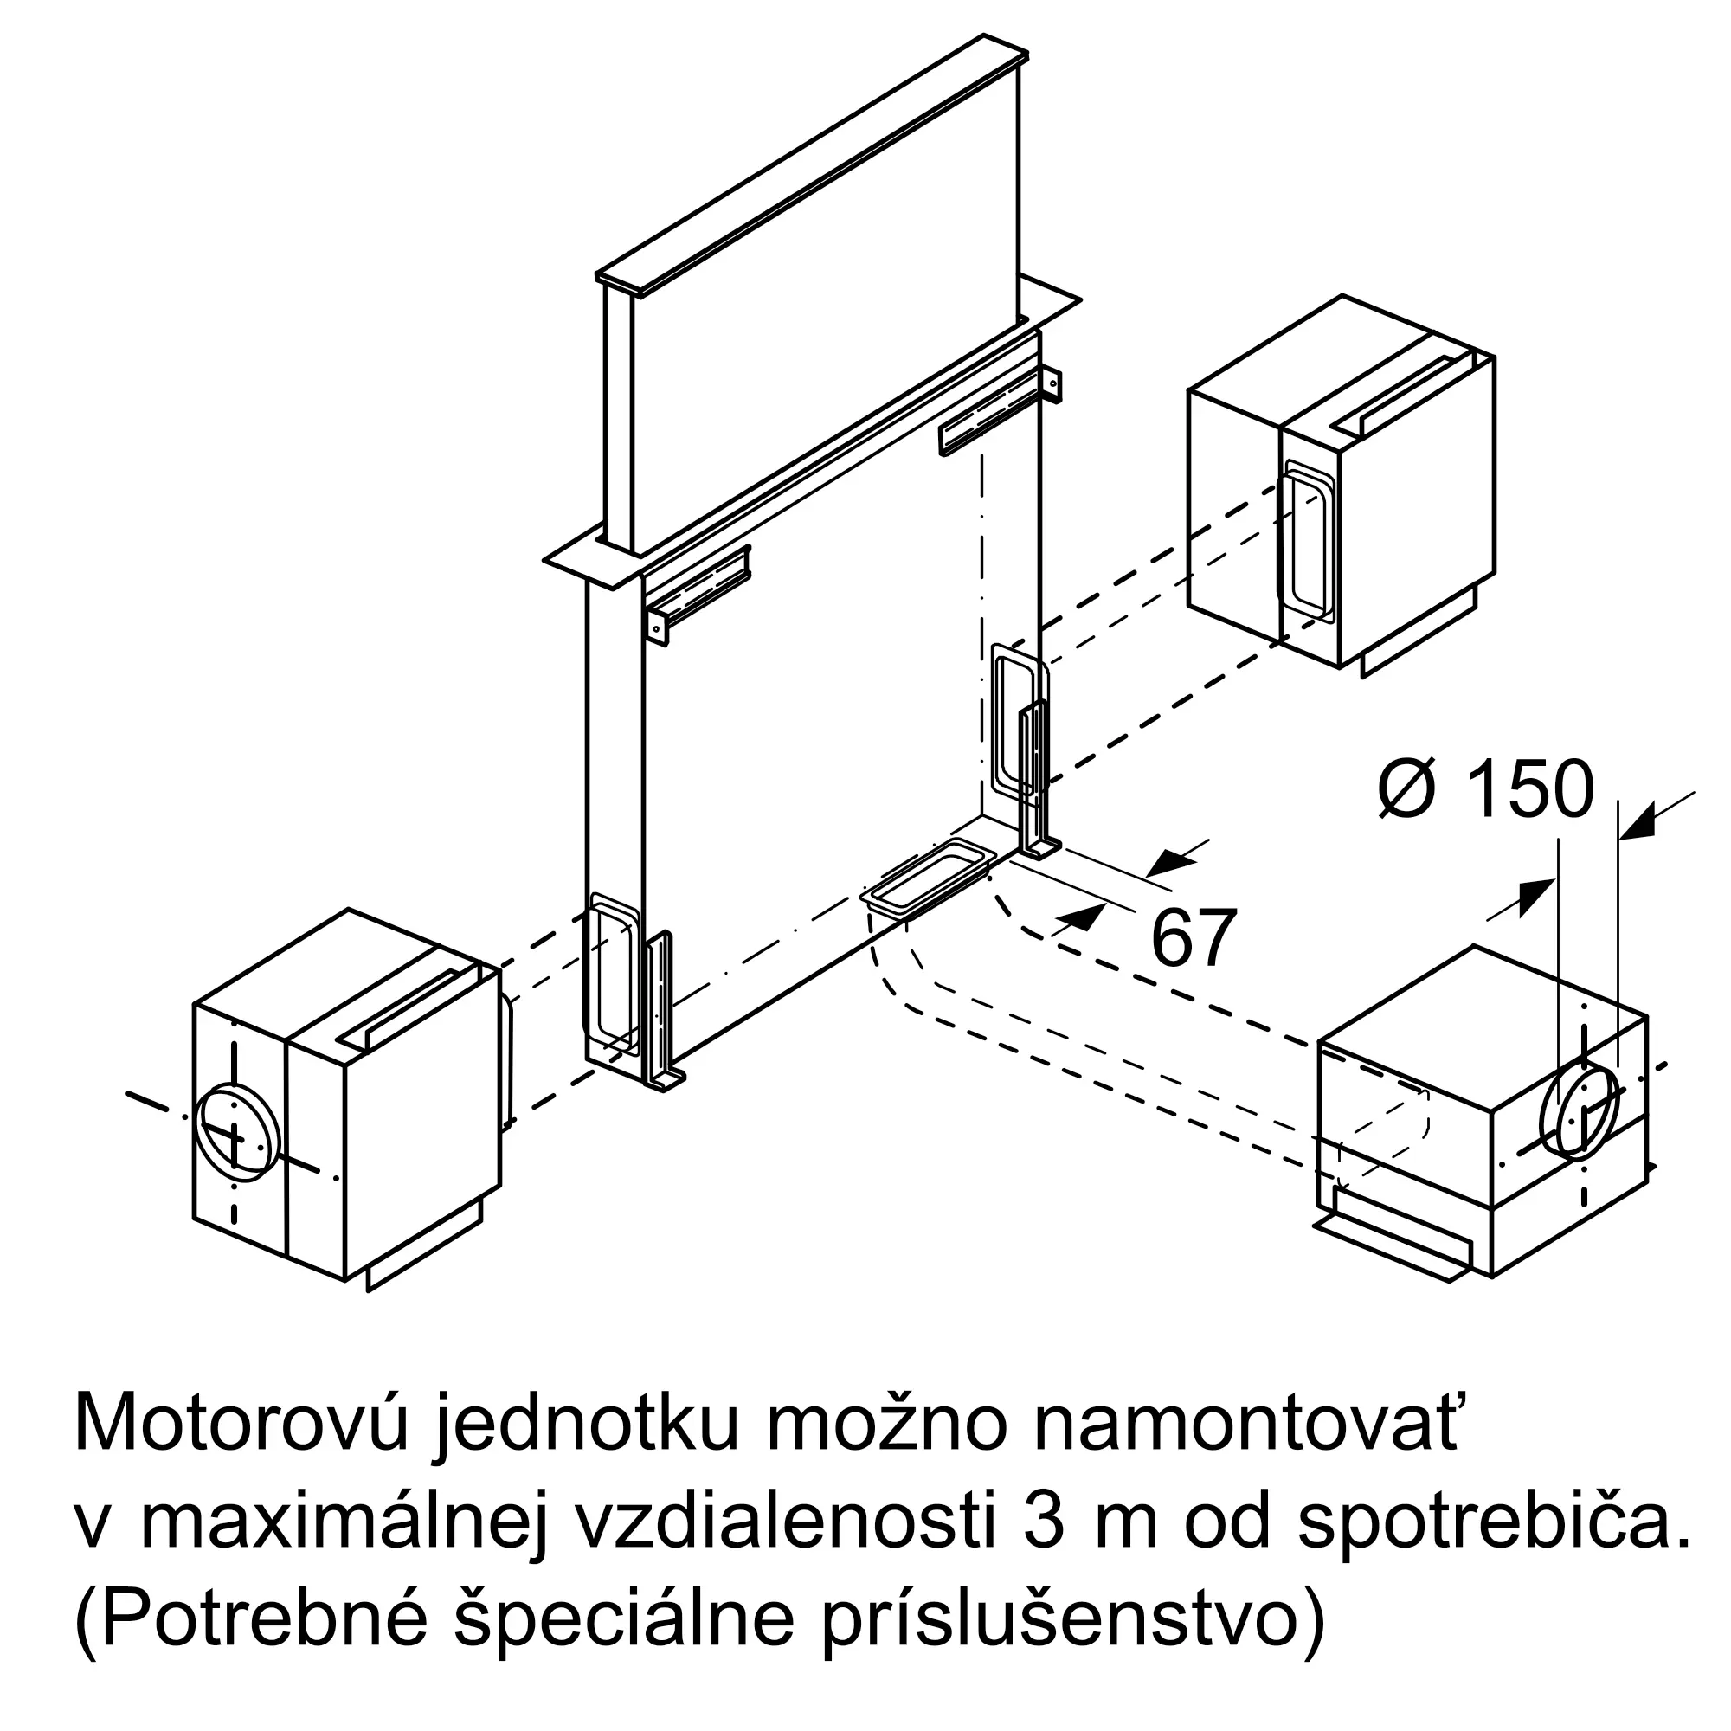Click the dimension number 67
click(1194, 938)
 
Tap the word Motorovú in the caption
click(241, 1423)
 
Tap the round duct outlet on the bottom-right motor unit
click(1579, 1113)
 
